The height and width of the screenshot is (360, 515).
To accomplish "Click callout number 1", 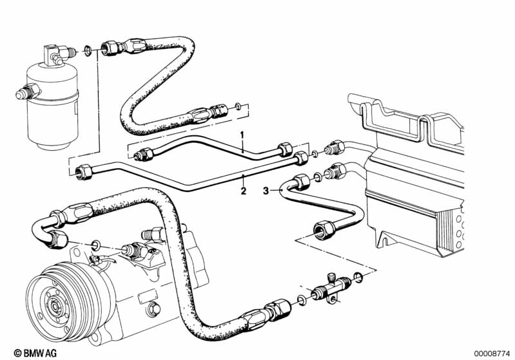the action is (x=242, y=135).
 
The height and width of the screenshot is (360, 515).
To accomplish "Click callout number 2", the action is (x=244, y=191).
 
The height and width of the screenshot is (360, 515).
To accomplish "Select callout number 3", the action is (x=266, y=191).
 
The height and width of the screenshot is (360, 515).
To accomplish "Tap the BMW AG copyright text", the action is (x=35, y=353).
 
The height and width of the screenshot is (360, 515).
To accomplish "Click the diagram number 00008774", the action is (x=492, y=354).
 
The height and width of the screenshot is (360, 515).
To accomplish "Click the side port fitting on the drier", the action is (x=28, y=92).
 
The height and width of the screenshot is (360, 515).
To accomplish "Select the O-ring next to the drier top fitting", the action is (x=88, y=50).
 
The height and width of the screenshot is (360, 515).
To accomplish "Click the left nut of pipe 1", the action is (x=145, y=154).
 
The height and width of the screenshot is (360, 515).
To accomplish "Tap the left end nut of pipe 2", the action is (x=84, y=172).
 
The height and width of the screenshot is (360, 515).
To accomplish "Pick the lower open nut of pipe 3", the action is (x=324, y=230).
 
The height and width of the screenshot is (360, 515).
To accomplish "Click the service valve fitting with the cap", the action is (x=331, y=288).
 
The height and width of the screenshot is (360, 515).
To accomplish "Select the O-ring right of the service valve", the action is (x=358, y=278).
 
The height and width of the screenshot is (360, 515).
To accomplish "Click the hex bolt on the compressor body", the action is (x=154, y=308).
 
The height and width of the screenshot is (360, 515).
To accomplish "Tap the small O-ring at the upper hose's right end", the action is (x=238, y=106).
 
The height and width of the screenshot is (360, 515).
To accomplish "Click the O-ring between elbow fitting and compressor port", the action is (x=96, y=245).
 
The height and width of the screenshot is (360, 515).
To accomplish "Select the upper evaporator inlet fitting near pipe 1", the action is (x=335, y=147).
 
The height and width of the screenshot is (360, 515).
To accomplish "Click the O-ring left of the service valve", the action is (x=301, y=299).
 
